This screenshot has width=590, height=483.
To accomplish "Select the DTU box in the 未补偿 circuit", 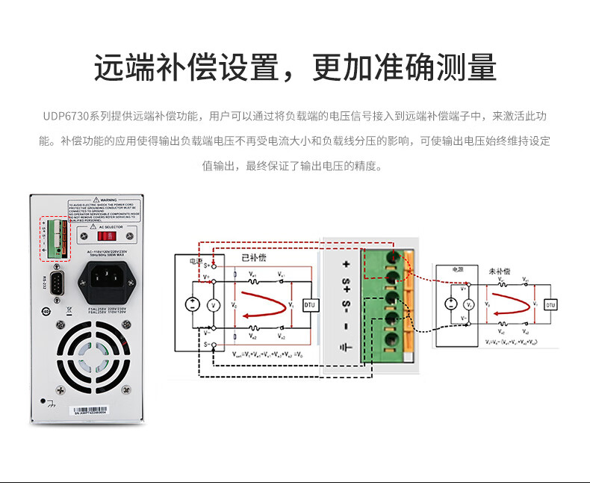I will (x=550, y=305).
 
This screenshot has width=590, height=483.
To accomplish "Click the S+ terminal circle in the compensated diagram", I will (x=215, y=265).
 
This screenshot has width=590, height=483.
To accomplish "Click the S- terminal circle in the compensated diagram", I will (x=215, y=345).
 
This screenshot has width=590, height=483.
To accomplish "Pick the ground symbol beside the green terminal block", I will (x=345, y=348).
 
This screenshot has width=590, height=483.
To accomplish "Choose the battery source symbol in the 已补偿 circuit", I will (x=193, y=305).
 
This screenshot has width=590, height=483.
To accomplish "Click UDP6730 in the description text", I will (x=65, y=117).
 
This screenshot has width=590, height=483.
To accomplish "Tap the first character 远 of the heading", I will (x=109, y=68).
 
